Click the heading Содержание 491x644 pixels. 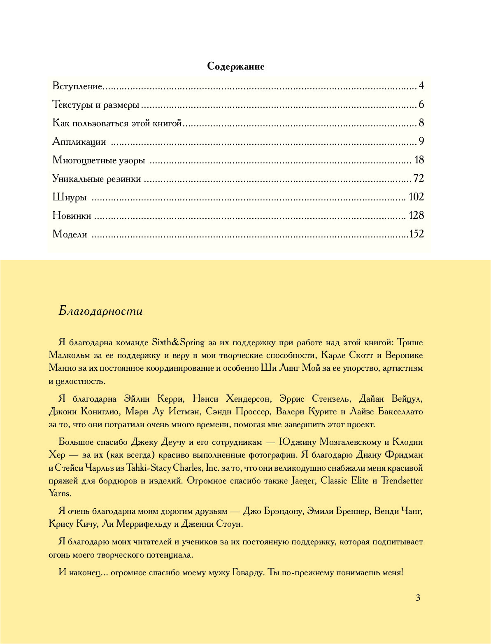[235, 66]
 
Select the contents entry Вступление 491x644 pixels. [77, 86]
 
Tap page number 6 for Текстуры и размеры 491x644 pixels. [421, 105]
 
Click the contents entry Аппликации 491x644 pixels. [79, 142]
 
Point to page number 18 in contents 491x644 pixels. [419, 160]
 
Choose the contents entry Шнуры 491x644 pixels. [69, 197]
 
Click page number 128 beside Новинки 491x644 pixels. [416, 216]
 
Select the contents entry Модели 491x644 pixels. [70, 234]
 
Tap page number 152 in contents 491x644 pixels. [417, 234]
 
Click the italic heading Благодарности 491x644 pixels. [100, 311]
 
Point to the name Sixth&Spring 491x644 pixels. [178, 342]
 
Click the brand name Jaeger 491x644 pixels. [303, 481]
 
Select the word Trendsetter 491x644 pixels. [401, 481]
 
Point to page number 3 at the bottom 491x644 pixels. [418, 598]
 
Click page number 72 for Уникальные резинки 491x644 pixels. [418, 179]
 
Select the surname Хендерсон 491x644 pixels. [249, 399]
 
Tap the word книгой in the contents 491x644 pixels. [167, 123]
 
